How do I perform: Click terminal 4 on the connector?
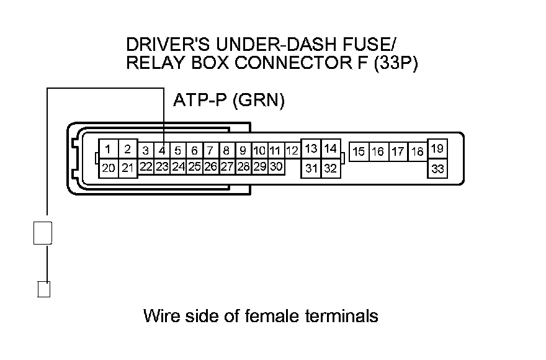[x=161, y=150]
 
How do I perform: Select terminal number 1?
[x=108, y=149]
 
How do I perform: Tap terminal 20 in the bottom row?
[x=108, y=168]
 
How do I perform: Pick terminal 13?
[x=311, y=149]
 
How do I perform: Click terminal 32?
[x=330, y=168]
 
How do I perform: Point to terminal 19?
[x=437, y=149]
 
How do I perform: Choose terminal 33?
[x=437, y=168]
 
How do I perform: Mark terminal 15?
[x=359, y=151]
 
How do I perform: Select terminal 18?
[x=417, y=151]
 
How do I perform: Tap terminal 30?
[x=276, y=166]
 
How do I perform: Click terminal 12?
[x=292, y=150]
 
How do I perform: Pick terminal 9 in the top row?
[x=243, y=150]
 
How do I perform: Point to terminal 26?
[x=210, y=166]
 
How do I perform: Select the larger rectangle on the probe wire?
[x=42, y=232]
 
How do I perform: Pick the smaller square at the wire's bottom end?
[x=43, y=289]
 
